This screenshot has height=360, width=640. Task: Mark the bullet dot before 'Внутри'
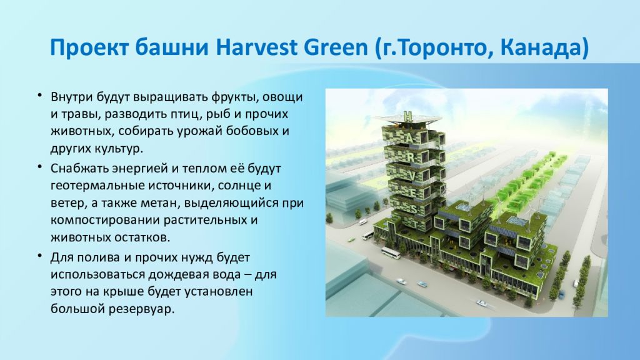click(40, 96)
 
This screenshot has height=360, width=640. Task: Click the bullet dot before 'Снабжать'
click(40, 167)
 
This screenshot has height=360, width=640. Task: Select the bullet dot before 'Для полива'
click(40, 256)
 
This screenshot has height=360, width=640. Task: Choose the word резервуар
click(141, 309)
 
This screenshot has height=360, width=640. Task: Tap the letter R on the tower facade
click(412, 157)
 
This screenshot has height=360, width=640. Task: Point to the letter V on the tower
click(413, 176)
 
